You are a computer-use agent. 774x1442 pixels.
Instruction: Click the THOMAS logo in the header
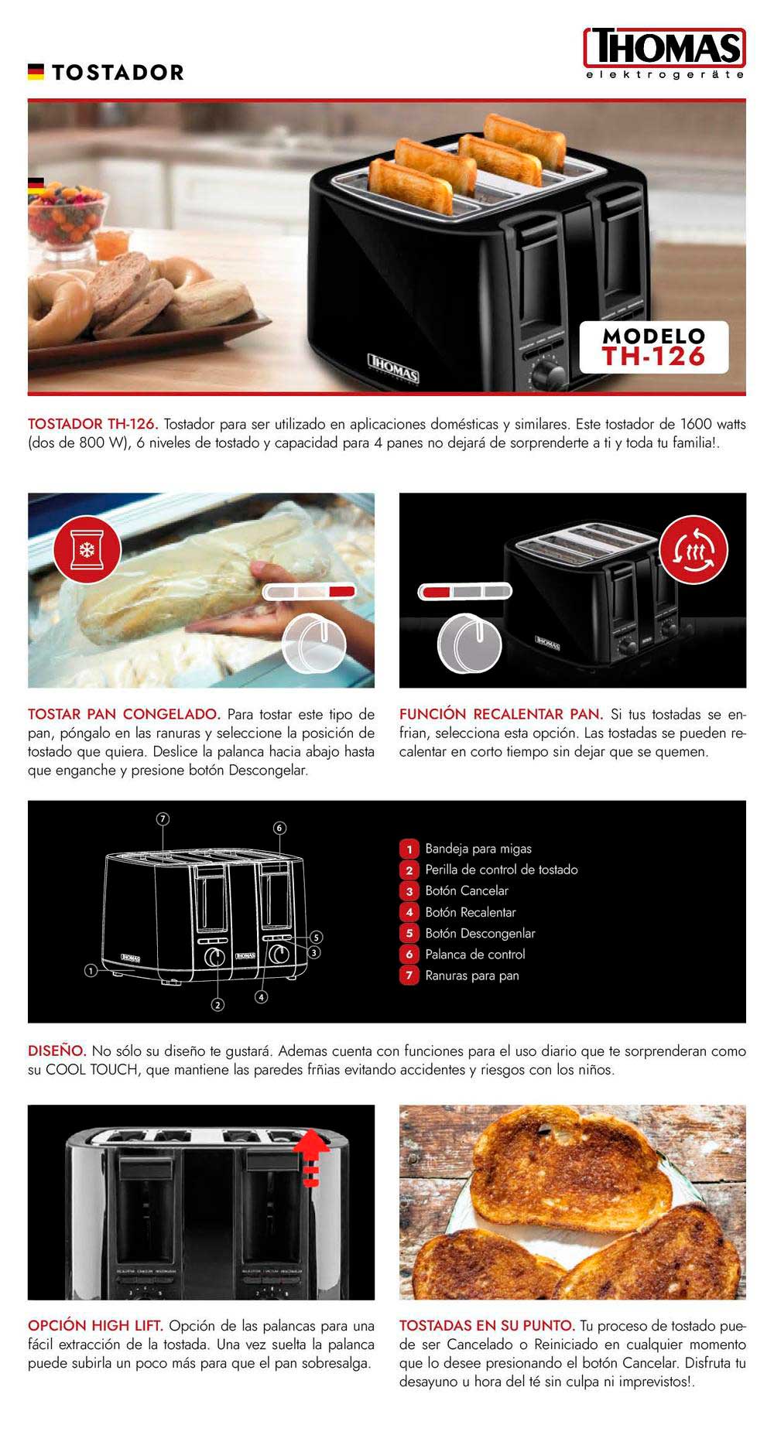click(x=665, y=53)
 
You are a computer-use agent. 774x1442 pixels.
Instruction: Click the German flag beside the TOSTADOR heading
click(x=36, y=72)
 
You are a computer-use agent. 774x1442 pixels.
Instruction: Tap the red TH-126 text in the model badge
click(x=654, y=356)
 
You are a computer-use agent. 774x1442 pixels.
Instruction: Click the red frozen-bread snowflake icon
click(x=87, y=549)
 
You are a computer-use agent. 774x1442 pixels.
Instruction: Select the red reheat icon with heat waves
click(x=693, y=549)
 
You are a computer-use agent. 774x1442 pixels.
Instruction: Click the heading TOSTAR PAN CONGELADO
click(x=125, y=714)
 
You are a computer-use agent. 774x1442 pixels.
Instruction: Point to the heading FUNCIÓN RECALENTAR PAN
click(x=501, y=714)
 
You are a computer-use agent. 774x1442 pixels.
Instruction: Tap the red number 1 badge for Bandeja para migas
click(x=409, y=849)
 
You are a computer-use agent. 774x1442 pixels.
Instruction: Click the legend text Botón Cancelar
click(x=467, y=890)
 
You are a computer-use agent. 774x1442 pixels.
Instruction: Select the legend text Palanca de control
click(x=475, y=955)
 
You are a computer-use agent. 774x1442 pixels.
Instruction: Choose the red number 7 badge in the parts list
click(x=409, y=976)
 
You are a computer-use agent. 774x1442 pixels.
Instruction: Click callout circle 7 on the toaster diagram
click(x=163, y=819)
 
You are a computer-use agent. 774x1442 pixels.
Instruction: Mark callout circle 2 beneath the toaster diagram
click(x=218, y=1005)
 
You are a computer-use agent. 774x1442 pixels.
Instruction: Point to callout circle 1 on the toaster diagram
click(x=91, y=970)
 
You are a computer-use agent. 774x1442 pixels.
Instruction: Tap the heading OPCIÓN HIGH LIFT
click(x=96, y=1326)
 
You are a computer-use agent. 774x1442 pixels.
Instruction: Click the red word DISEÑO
click(x=57, y=1051)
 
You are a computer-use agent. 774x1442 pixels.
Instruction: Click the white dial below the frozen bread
click(x=313, y=644)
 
